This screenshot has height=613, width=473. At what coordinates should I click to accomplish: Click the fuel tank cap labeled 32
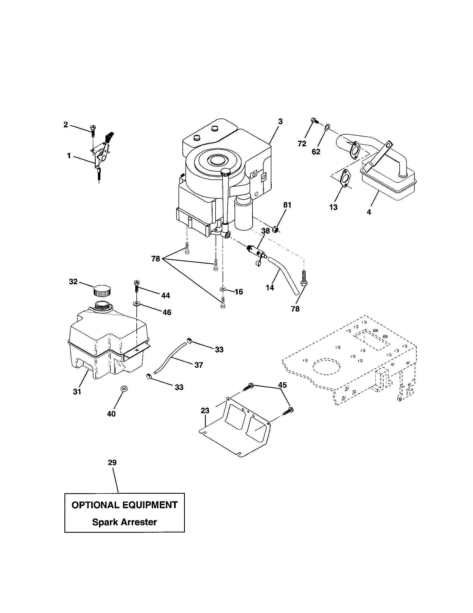point(102,290)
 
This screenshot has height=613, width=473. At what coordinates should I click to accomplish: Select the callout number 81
point(287,205)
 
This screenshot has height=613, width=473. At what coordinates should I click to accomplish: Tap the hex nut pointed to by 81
point(276,230)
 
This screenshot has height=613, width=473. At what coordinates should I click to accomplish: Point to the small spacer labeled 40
point(123,389)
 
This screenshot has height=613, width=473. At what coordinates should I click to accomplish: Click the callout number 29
point(112,462)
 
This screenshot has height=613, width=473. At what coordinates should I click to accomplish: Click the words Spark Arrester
point(124,522)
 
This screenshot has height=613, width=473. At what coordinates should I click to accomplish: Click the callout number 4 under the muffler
point(369,212)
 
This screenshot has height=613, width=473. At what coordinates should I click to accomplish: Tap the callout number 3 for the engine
point(280,121)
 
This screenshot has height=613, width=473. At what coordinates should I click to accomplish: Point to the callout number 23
point(205,411)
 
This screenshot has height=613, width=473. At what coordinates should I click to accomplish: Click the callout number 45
point(283,385)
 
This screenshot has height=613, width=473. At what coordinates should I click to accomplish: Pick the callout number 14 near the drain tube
point(270,288)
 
